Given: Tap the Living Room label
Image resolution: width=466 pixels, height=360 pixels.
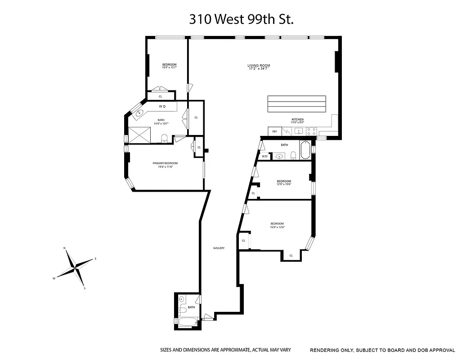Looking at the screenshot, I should click(259, 66).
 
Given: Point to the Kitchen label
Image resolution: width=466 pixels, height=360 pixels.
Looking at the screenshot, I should click(297, 119).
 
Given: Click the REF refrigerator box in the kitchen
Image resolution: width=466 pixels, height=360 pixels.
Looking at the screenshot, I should click(274, 131).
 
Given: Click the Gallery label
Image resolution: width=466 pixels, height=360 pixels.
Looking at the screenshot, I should click(219, 248).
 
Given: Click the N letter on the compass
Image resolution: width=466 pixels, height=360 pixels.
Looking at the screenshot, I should click(65, 248).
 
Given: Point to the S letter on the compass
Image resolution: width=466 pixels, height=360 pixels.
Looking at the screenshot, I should click(84, 288).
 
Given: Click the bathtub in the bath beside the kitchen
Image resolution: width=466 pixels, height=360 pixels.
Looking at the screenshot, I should click(305, 150).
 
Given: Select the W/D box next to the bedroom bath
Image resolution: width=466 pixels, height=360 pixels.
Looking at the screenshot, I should click(265, 156).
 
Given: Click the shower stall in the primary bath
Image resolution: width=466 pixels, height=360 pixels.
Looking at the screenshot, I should click(139, 134).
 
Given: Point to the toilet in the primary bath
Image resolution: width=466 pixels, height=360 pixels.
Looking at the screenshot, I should click(164, 138).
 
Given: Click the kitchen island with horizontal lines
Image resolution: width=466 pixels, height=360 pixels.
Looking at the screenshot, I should click(297, 104).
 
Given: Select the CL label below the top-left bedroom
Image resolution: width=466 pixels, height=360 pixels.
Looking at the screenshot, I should click(160, 96).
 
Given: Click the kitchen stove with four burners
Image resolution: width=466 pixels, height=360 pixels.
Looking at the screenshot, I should click(311, 131).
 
